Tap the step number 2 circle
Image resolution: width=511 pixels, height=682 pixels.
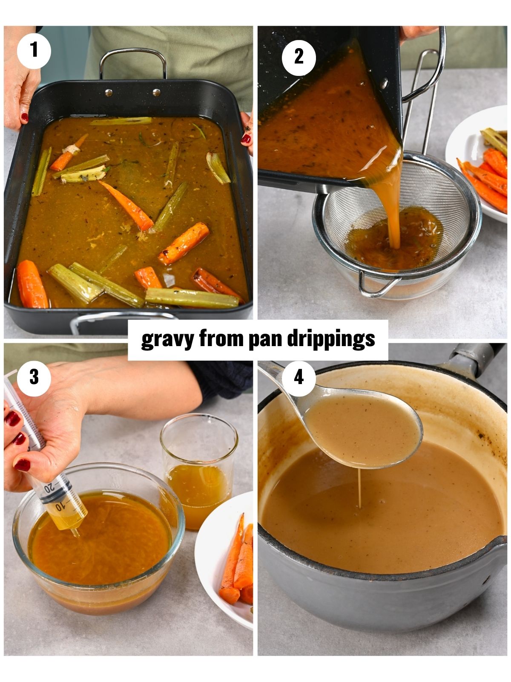[x=299, y=57]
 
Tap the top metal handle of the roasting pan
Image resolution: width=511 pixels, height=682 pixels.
[x=132, y=53]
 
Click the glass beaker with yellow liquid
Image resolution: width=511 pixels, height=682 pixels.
[x=199, y=469]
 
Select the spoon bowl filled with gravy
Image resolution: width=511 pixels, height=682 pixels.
[x=363, y=431]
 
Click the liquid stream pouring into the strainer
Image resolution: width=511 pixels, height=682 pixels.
[x=391, y=200]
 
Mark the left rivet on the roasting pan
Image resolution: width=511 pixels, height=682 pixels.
[x=109, y=92]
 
